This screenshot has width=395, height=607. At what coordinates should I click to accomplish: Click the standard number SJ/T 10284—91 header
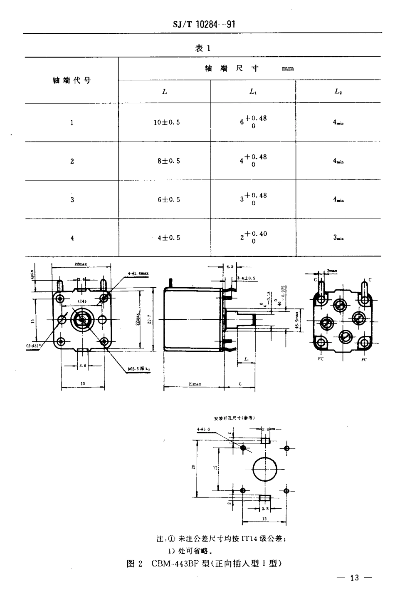point(204,24)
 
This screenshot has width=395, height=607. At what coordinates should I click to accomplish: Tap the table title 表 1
point(203,48)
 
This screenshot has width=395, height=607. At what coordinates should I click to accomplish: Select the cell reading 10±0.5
point(168,122)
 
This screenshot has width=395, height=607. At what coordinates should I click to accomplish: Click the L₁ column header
point(253,92)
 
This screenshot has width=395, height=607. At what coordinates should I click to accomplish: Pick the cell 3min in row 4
point(338,238)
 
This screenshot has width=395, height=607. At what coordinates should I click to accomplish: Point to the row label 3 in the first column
point(72,200)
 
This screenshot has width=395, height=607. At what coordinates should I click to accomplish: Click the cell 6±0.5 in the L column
point(168,200)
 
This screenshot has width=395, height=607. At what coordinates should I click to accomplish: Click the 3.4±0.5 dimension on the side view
point(246,278)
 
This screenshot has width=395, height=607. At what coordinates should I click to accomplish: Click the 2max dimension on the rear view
point(331,271)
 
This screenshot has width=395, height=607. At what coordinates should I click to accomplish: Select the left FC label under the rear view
point(321,358)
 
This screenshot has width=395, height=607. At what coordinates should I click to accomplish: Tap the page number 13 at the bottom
point(354,578)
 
